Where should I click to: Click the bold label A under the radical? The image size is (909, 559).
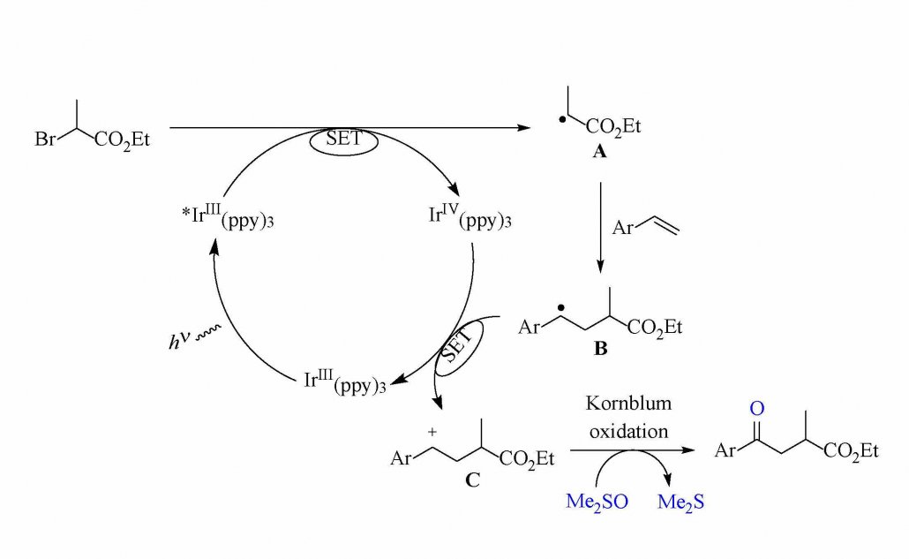[x=599, y=152]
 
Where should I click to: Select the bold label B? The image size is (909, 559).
[x=601, y=349]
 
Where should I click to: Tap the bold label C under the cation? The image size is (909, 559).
[x=472, y=480]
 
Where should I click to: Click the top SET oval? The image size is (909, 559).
[x=344, y=141]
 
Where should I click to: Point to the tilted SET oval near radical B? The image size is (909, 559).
[x=459, y=347]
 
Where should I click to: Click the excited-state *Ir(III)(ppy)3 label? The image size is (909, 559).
[x=228, y=216]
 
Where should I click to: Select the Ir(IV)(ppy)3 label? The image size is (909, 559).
[x=470, y=216]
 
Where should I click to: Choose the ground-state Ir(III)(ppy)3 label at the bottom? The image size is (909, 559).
[x=345, y=381]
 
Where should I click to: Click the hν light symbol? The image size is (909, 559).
[x=193, y=338]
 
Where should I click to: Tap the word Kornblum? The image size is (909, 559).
[x=628, y=403]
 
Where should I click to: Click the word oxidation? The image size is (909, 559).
[x=628, y=431]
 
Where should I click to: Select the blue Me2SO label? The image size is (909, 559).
[x=597, y=502]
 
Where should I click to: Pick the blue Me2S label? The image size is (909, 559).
[x=680, y=502]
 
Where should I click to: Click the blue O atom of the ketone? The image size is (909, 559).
[x=757, y=408]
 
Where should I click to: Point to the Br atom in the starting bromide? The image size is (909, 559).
[x=45, y=140]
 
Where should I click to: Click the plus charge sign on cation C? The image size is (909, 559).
[x=432, y=432]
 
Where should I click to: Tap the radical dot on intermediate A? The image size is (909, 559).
[x=562, y=120]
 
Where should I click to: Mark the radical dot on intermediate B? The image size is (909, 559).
[x=560, y=308]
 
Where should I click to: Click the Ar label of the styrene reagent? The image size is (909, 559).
[x=622, y=227]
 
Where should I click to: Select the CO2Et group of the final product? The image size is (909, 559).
[x=851, y=451]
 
